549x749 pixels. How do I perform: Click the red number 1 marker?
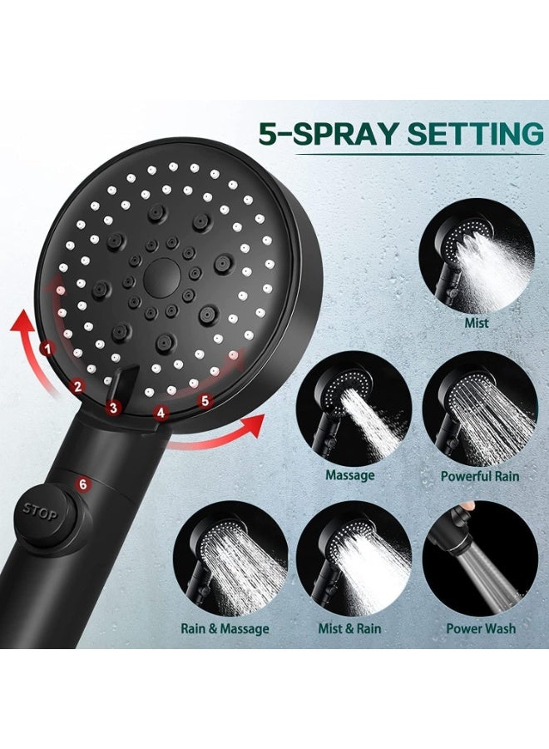[x=48, y=348]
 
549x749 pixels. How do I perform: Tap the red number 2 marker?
[x=77, y=385]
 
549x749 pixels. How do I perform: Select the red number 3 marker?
[x=114, y=407]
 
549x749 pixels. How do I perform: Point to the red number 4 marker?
[x=161, y=411]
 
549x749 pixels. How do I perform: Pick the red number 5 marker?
[x=205, y=400]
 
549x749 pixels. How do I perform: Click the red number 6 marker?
[x=82, y=484]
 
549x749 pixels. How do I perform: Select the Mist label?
[x=477, y=322]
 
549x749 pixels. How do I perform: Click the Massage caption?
[x=349, y=475]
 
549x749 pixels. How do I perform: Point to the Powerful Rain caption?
[x=479, y=476]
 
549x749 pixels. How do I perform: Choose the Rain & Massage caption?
[x=225, y=628]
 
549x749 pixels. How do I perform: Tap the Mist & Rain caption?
[x=350, y=628]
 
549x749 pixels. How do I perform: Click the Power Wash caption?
[x=481, y=628]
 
